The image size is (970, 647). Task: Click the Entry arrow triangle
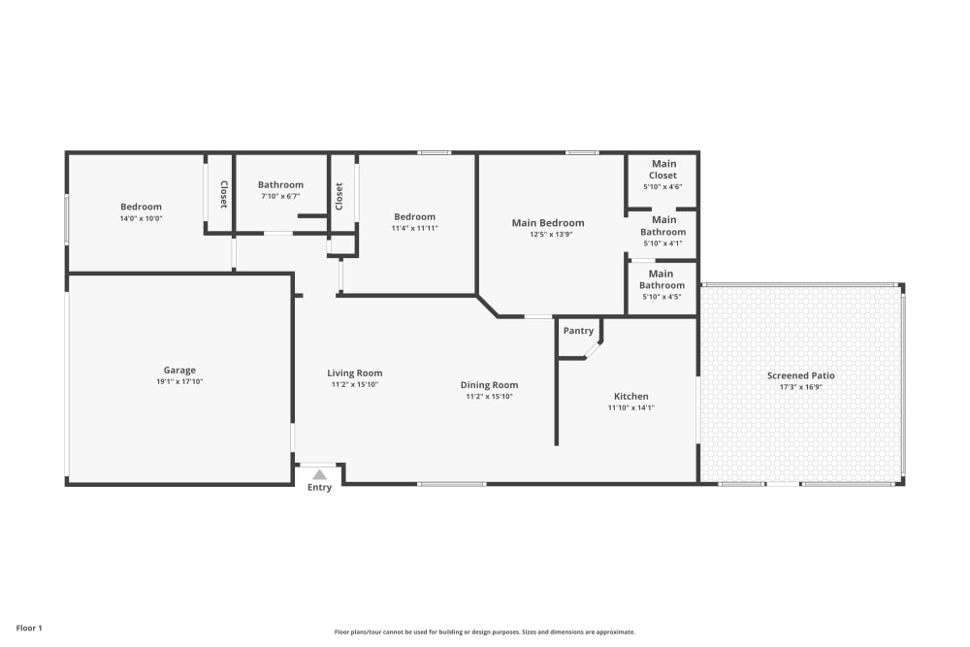tap(319, 475)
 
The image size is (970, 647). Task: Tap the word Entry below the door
tap(319, 487)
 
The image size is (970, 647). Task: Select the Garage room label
tap(179, 371)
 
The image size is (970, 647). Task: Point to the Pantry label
tap(578, 331)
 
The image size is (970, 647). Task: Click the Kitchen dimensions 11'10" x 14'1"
tap(631, 407)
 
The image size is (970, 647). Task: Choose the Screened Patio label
tap(800, 375)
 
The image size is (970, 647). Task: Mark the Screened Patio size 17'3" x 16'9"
tap(800, 387)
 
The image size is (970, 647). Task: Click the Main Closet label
tap(663, 170)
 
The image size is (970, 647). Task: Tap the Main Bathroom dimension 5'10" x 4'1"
tap(663, 243)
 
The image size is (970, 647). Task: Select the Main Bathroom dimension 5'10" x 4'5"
tap(662, 297)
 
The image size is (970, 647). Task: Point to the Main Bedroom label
tap(547, 223)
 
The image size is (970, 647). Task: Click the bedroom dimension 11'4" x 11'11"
tap(414, 228)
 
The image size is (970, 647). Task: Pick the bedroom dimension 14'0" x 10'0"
tap(141, 218)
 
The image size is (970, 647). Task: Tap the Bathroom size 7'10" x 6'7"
tap(280, 196)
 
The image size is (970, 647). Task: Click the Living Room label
tap(354, 373)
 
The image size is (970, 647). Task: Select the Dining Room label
tap(489, 385)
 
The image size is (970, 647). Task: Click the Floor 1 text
tap(29, 628)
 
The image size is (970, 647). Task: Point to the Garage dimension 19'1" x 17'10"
tap(179, 381)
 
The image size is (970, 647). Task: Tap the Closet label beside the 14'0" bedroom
tap(224, 194)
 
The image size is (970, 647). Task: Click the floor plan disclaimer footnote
tap(484, 632)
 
